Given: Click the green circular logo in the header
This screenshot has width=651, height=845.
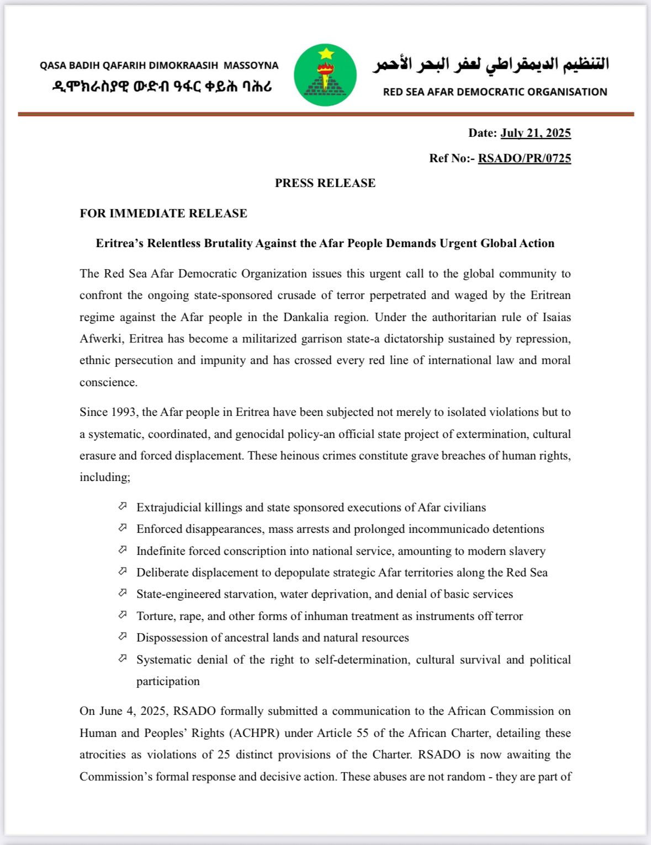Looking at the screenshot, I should [325, 75].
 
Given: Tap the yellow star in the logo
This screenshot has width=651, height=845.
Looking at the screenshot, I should [326, 54].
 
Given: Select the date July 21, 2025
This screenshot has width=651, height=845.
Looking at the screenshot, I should [536, 133].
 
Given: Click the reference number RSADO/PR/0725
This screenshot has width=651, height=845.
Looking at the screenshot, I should [524, 158].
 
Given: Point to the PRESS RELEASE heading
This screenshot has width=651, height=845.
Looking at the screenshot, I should [325, 183].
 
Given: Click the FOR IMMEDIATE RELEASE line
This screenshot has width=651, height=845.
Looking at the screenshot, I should [163, 213].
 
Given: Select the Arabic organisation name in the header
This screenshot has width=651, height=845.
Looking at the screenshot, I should [491, 65].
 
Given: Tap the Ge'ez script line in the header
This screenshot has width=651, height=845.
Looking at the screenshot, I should [162, 87].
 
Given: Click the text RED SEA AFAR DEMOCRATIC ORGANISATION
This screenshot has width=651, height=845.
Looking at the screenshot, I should [495, 92].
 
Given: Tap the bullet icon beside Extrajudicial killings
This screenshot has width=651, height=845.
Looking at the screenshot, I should [123, 506].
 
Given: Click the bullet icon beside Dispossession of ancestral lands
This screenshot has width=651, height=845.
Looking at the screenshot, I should [123, 637].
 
